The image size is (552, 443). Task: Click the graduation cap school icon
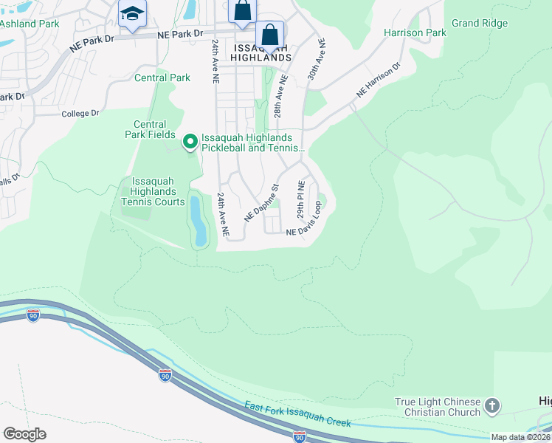[133, 13]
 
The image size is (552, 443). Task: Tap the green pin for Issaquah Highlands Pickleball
[190, 140]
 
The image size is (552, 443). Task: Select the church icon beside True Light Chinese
[492, 405]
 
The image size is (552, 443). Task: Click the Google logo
[24, 433]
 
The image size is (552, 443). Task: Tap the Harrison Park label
[415, 32]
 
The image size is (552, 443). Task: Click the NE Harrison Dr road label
[378, 80]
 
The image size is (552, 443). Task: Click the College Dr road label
[80, 113]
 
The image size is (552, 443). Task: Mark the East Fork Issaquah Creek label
[297, 413]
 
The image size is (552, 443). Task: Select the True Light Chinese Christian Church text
[438, 407]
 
